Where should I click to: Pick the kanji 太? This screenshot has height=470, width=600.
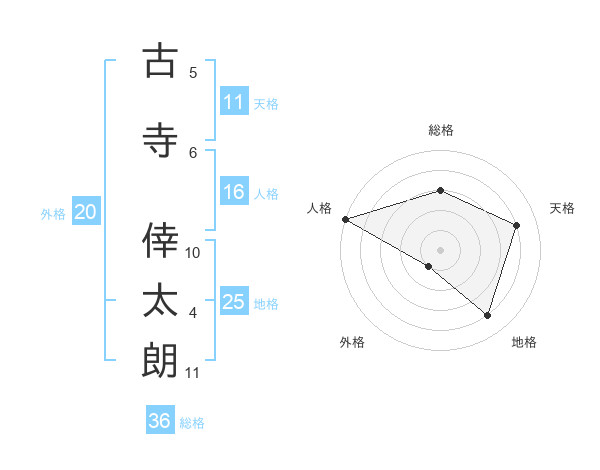(x=160, y=300)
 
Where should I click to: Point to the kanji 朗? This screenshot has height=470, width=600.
(x=160, y=360)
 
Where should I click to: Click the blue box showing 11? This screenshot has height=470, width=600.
(x=234, y=102)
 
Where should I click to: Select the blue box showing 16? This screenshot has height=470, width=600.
(x=234, y=193)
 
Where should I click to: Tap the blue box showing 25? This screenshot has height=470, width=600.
(x=234, y=302)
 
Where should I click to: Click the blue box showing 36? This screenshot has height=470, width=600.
(x=160, y=421)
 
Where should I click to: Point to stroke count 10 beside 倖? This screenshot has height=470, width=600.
(x=193, y=252)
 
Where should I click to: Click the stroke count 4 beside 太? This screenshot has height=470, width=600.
(x=193, y=314)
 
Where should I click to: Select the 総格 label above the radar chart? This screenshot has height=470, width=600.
(x=440, y=130)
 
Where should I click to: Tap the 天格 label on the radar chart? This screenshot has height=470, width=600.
(x=563, y=208)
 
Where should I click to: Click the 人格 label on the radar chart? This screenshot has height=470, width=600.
(x=319, y=208)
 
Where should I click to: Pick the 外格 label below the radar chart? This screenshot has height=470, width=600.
(x=352, y=342)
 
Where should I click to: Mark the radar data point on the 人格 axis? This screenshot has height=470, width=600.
(x=345, y=219)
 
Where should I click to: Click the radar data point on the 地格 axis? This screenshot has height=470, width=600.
(x=487, y=315)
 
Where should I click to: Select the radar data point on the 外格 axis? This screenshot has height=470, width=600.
(x=429, y=266)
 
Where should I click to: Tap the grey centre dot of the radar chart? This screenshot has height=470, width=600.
(x=440, y=249)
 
